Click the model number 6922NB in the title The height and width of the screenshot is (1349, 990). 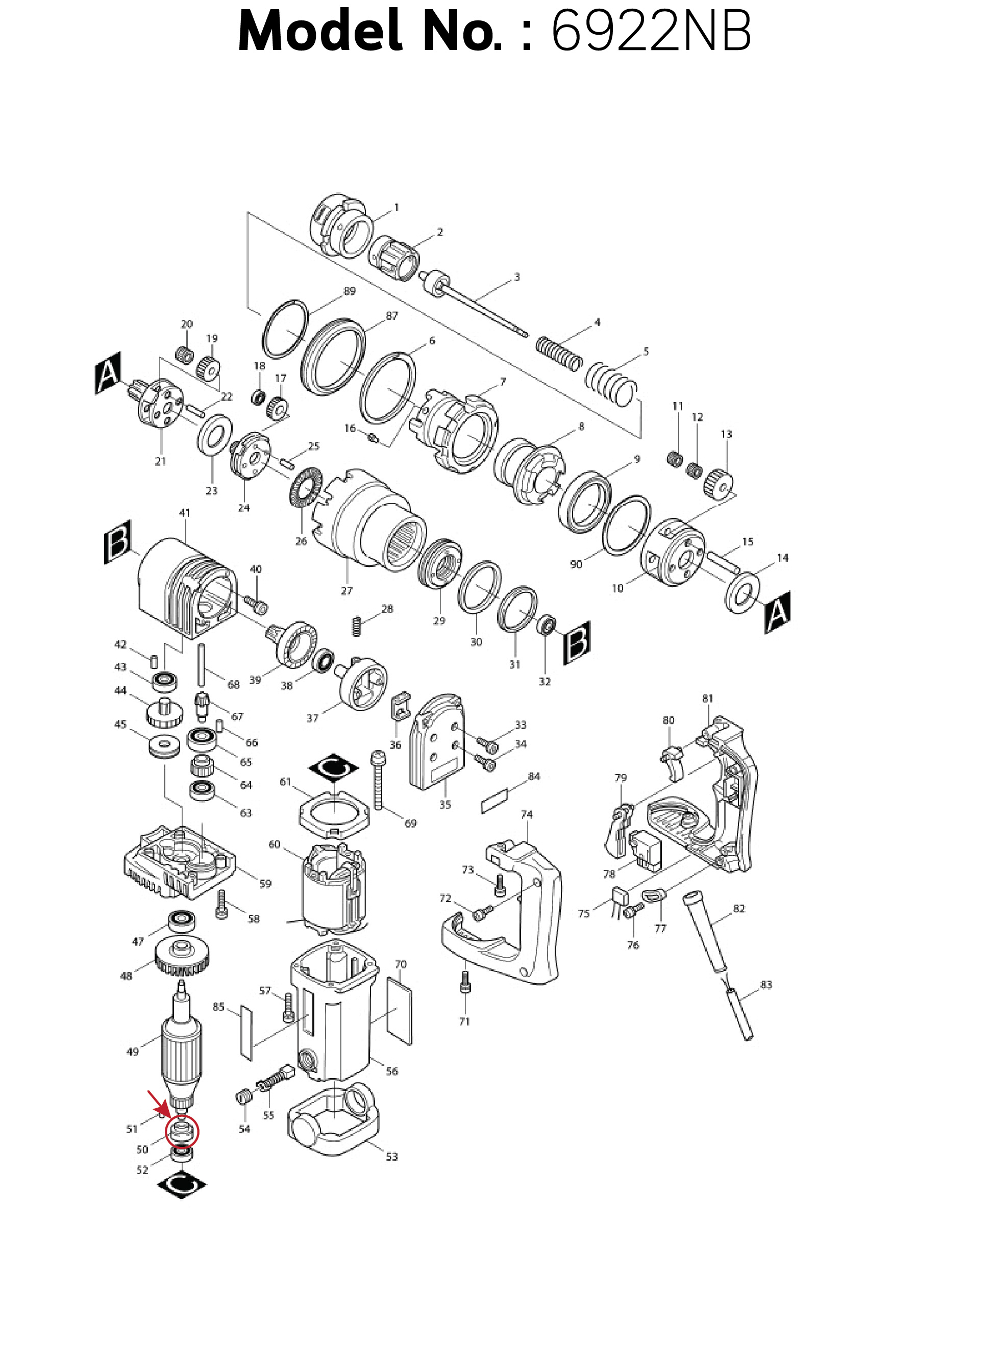[x=650, y=31]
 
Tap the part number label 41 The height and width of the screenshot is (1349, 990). [x=185, y=513]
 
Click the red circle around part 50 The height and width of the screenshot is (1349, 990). [x=181, y=1133]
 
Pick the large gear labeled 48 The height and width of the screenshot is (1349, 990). [x=182, y=957]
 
